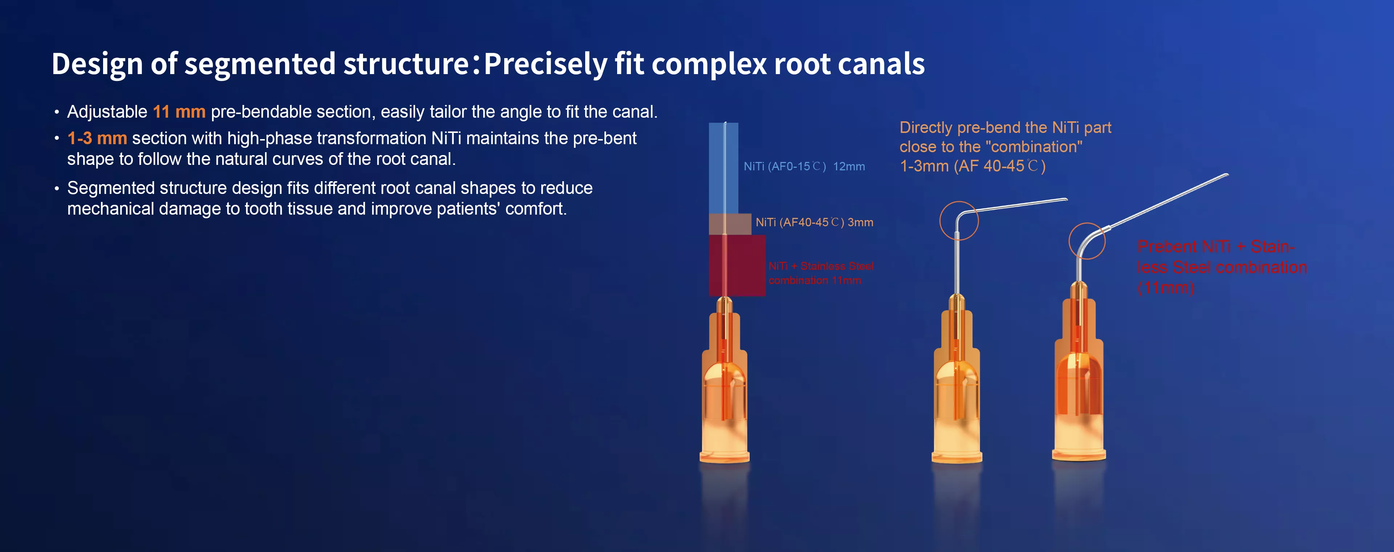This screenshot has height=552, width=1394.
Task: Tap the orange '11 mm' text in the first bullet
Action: [x=179, y=112]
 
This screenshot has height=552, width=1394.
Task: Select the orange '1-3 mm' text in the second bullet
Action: [x=97, y=138]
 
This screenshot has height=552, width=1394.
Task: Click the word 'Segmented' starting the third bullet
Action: [x=111, y=188]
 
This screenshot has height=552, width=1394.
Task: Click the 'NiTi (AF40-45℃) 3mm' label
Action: [x=814, y=222]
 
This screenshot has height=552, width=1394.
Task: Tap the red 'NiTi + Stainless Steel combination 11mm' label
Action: [x=821, y=273]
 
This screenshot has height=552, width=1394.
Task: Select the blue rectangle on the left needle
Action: [x=724, y=168]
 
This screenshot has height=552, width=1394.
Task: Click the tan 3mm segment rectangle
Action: [x=730, y=224]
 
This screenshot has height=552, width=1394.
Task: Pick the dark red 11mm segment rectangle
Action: [x=737, y=265]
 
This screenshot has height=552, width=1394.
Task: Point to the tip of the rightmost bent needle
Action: [x=1227, y=175]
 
